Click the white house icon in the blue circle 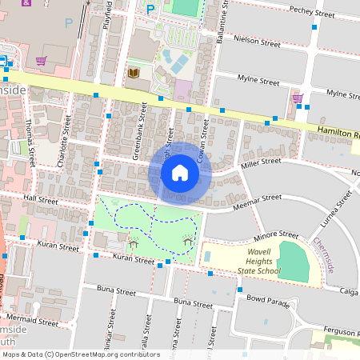180,173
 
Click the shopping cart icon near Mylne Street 298,99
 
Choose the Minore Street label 276,237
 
